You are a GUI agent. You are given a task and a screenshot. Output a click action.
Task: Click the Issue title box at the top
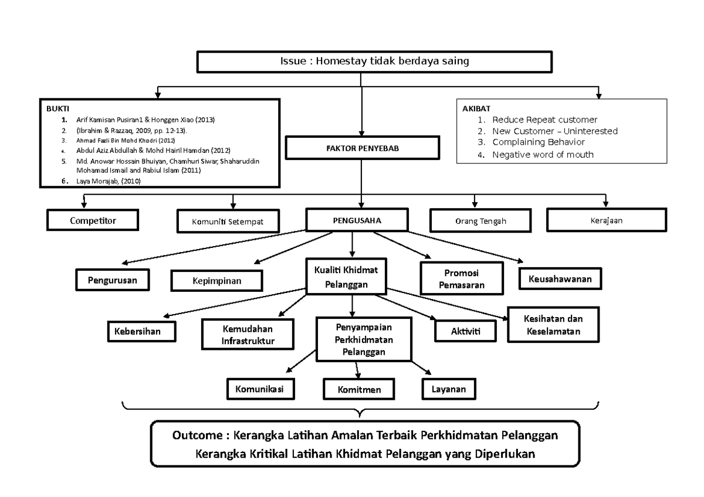coord(374,62)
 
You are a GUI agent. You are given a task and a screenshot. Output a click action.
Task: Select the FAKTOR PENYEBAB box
coord(362,148)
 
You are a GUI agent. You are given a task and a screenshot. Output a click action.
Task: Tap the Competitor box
coord(93,220)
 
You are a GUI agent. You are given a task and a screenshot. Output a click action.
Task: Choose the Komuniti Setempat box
coord(228,222)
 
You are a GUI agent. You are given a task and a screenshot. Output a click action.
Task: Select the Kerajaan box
coord(606,220)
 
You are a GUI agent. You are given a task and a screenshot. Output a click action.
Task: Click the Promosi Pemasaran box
coord(461,278)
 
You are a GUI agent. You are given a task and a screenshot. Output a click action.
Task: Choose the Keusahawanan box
coord(560,278)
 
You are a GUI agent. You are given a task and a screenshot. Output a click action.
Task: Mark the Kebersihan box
coord(142,331)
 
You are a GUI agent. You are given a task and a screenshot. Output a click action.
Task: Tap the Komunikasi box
coord(260,388)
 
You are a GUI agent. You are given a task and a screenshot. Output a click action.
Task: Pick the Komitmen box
coord(359,389)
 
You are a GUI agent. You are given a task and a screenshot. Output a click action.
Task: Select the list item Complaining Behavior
coord(538,142)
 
